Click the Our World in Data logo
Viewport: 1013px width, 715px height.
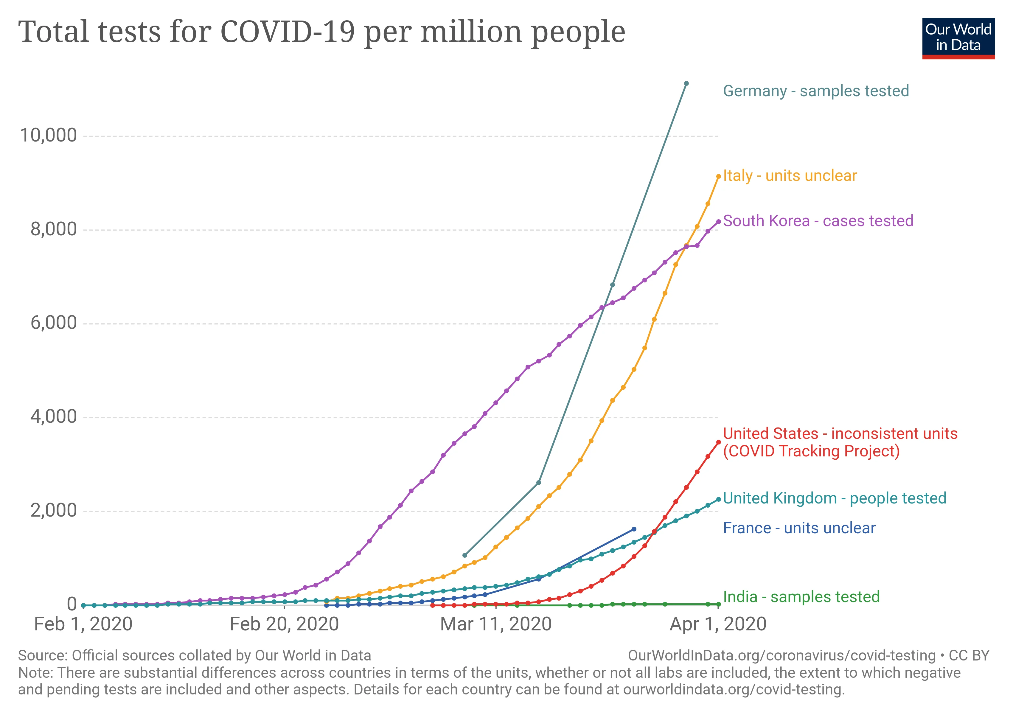coord(958,38)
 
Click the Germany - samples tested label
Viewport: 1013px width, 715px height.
coord(816,91)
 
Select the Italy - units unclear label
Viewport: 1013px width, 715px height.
coord(790,175)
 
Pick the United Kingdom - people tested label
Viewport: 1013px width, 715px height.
coord(834,498)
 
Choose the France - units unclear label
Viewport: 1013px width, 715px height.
coord(799,528)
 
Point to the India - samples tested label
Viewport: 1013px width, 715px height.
coord(801,596)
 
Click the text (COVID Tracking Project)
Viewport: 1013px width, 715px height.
coord(811,451)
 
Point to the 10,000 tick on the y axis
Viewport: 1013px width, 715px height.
coord(49,136)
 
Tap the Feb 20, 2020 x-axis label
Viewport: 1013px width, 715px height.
coord(284,624)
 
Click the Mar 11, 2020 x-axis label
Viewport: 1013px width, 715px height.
coord(496,624)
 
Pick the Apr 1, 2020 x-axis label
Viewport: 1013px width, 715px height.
coord(718,624)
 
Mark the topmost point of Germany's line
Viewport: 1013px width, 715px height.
coord(686,83)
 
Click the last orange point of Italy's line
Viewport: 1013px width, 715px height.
coord(718,176)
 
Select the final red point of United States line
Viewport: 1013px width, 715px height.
coord(718,442)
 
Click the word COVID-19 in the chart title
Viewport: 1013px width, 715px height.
coord(287,32)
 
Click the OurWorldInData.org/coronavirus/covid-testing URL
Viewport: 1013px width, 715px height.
coord(781,655)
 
